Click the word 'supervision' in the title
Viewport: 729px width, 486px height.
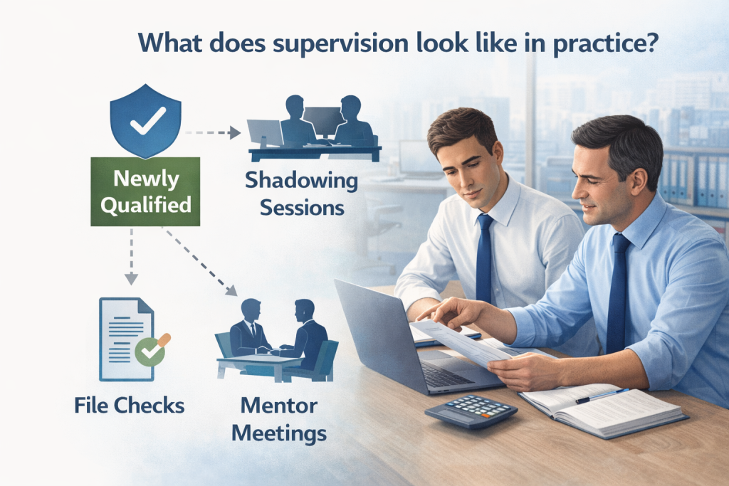(346, 43)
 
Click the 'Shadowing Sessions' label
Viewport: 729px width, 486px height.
(301, 194)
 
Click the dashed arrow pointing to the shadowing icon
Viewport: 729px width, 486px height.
(211, 132)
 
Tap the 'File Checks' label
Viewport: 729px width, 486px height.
(129, 406)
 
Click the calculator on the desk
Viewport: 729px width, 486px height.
(470, 411)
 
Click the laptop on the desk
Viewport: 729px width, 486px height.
(399, 334)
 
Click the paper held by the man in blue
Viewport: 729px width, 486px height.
(463, 342)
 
